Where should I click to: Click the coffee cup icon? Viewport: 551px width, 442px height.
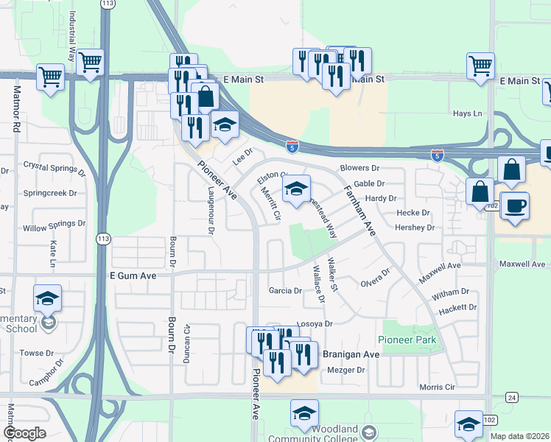[516, 204]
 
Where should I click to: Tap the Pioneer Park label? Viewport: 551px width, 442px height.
[407, 340]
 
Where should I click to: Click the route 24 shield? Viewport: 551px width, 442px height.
[510, 397]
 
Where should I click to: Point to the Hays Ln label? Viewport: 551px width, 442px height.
[467, 113]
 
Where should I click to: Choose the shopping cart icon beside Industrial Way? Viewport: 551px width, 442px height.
[89, 62]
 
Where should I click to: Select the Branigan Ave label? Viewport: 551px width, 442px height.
[351, 354]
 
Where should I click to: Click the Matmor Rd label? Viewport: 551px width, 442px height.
[15, 108]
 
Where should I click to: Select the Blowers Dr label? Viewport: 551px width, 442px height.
[359, 168]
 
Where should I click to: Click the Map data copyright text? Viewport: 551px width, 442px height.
[519, 435]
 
